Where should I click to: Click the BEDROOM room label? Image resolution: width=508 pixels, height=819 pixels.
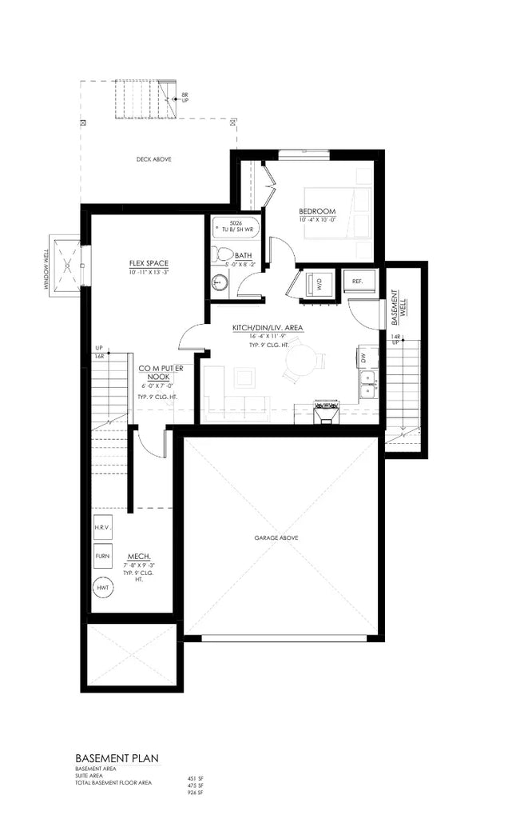point(318,211)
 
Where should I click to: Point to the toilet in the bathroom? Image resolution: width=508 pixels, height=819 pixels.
point(219,254)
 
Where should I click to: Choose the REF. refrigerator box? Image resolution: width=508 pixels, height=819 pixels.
point(357,282)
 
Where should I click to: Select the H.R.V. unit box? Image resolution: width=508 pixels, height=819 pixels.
point(103,529)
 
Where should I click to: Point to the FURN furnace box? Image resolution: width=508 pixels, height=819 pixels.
point(102,555)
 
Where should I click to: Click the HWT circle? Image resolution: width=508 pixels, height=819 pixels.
point(102,588)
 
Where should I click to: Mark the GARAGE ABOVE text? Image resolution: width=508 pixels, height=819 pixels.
point(277,538)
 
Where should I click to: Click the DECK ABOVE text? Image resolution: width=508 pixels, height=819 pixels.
point(154,159)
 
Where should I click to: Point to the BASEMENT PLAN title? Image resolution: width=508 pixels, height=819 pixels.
point(117,757)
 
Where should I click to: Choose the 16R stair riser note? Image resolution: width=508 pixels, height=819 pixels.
point(100,357)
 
